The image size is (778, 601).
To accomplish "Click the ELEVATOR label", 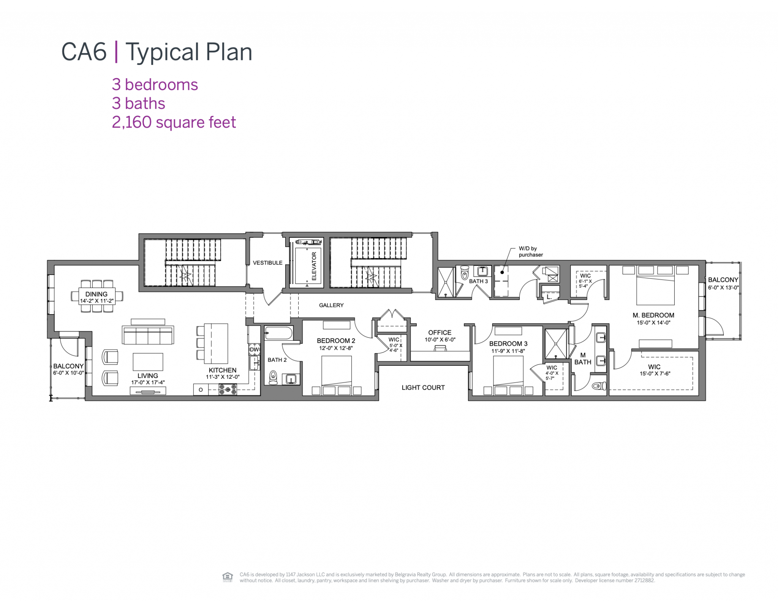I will point(314,266).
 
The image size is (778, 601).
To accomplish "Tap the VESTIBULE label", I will point(267,263).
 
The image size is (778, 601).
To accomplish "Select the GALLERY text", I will point(331,305).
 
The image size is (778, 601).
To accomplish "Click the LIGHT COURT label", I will point(423,387).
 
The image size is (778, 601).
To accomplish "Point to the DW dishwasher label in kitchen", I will point(254,350).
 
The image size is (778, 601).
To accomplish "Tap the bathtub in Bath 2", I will point(278,334).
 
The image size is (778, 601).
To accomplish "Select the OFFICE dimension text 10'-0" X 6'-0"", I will point(440,340).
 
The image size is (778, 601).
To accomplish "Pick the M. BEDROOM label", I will point(653,315).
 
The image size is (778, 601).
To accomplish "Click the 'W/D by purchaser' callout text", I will point(530,251).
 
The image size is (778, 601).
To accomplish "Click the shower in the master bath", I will point(555,344).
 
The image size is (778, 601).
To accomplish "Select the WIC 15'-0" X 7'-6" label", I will point(654,370).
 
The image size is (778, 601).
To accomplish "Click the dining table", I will point(97,296).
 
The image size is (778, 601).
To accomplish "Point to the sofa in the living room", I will point(148,335).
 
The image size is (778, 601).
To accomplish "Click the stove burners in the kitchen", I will point(228,389).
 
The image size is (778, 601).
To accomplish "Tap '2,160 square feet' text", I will point(174,122).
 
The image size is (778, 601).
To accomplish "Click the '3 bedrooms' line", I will point(155,85).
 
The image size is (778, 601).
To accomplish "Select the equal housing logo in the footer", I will point(227,577).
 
